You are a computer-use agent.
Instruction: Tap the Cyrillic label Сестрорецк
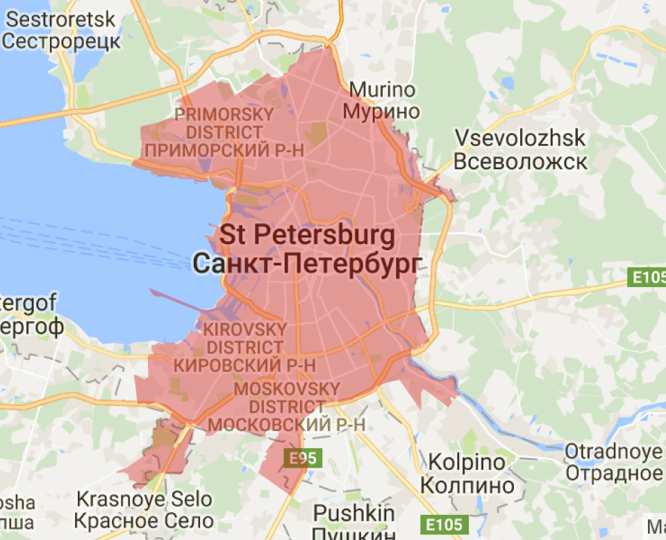click(63, 40)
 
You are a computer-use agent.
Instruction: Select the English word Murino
click(382, 90)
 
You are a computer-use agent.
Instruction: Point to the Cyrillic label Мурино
click(382, 111)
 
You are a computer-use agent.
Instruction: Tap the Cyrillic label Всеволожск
click(520, 162)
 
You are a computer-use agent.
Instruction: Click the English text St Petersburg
click(308, 235)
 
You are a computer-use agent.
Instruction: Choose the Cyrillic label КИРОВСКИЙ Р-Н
click(244, 363)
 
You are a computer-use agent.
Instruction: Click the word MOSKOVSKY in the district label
click(287, 388)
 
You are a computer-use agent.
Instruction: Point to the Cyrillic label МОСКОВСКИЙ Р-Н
click(287, 424)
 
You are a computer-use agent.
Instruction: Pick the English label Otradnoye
click(613, 452)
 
